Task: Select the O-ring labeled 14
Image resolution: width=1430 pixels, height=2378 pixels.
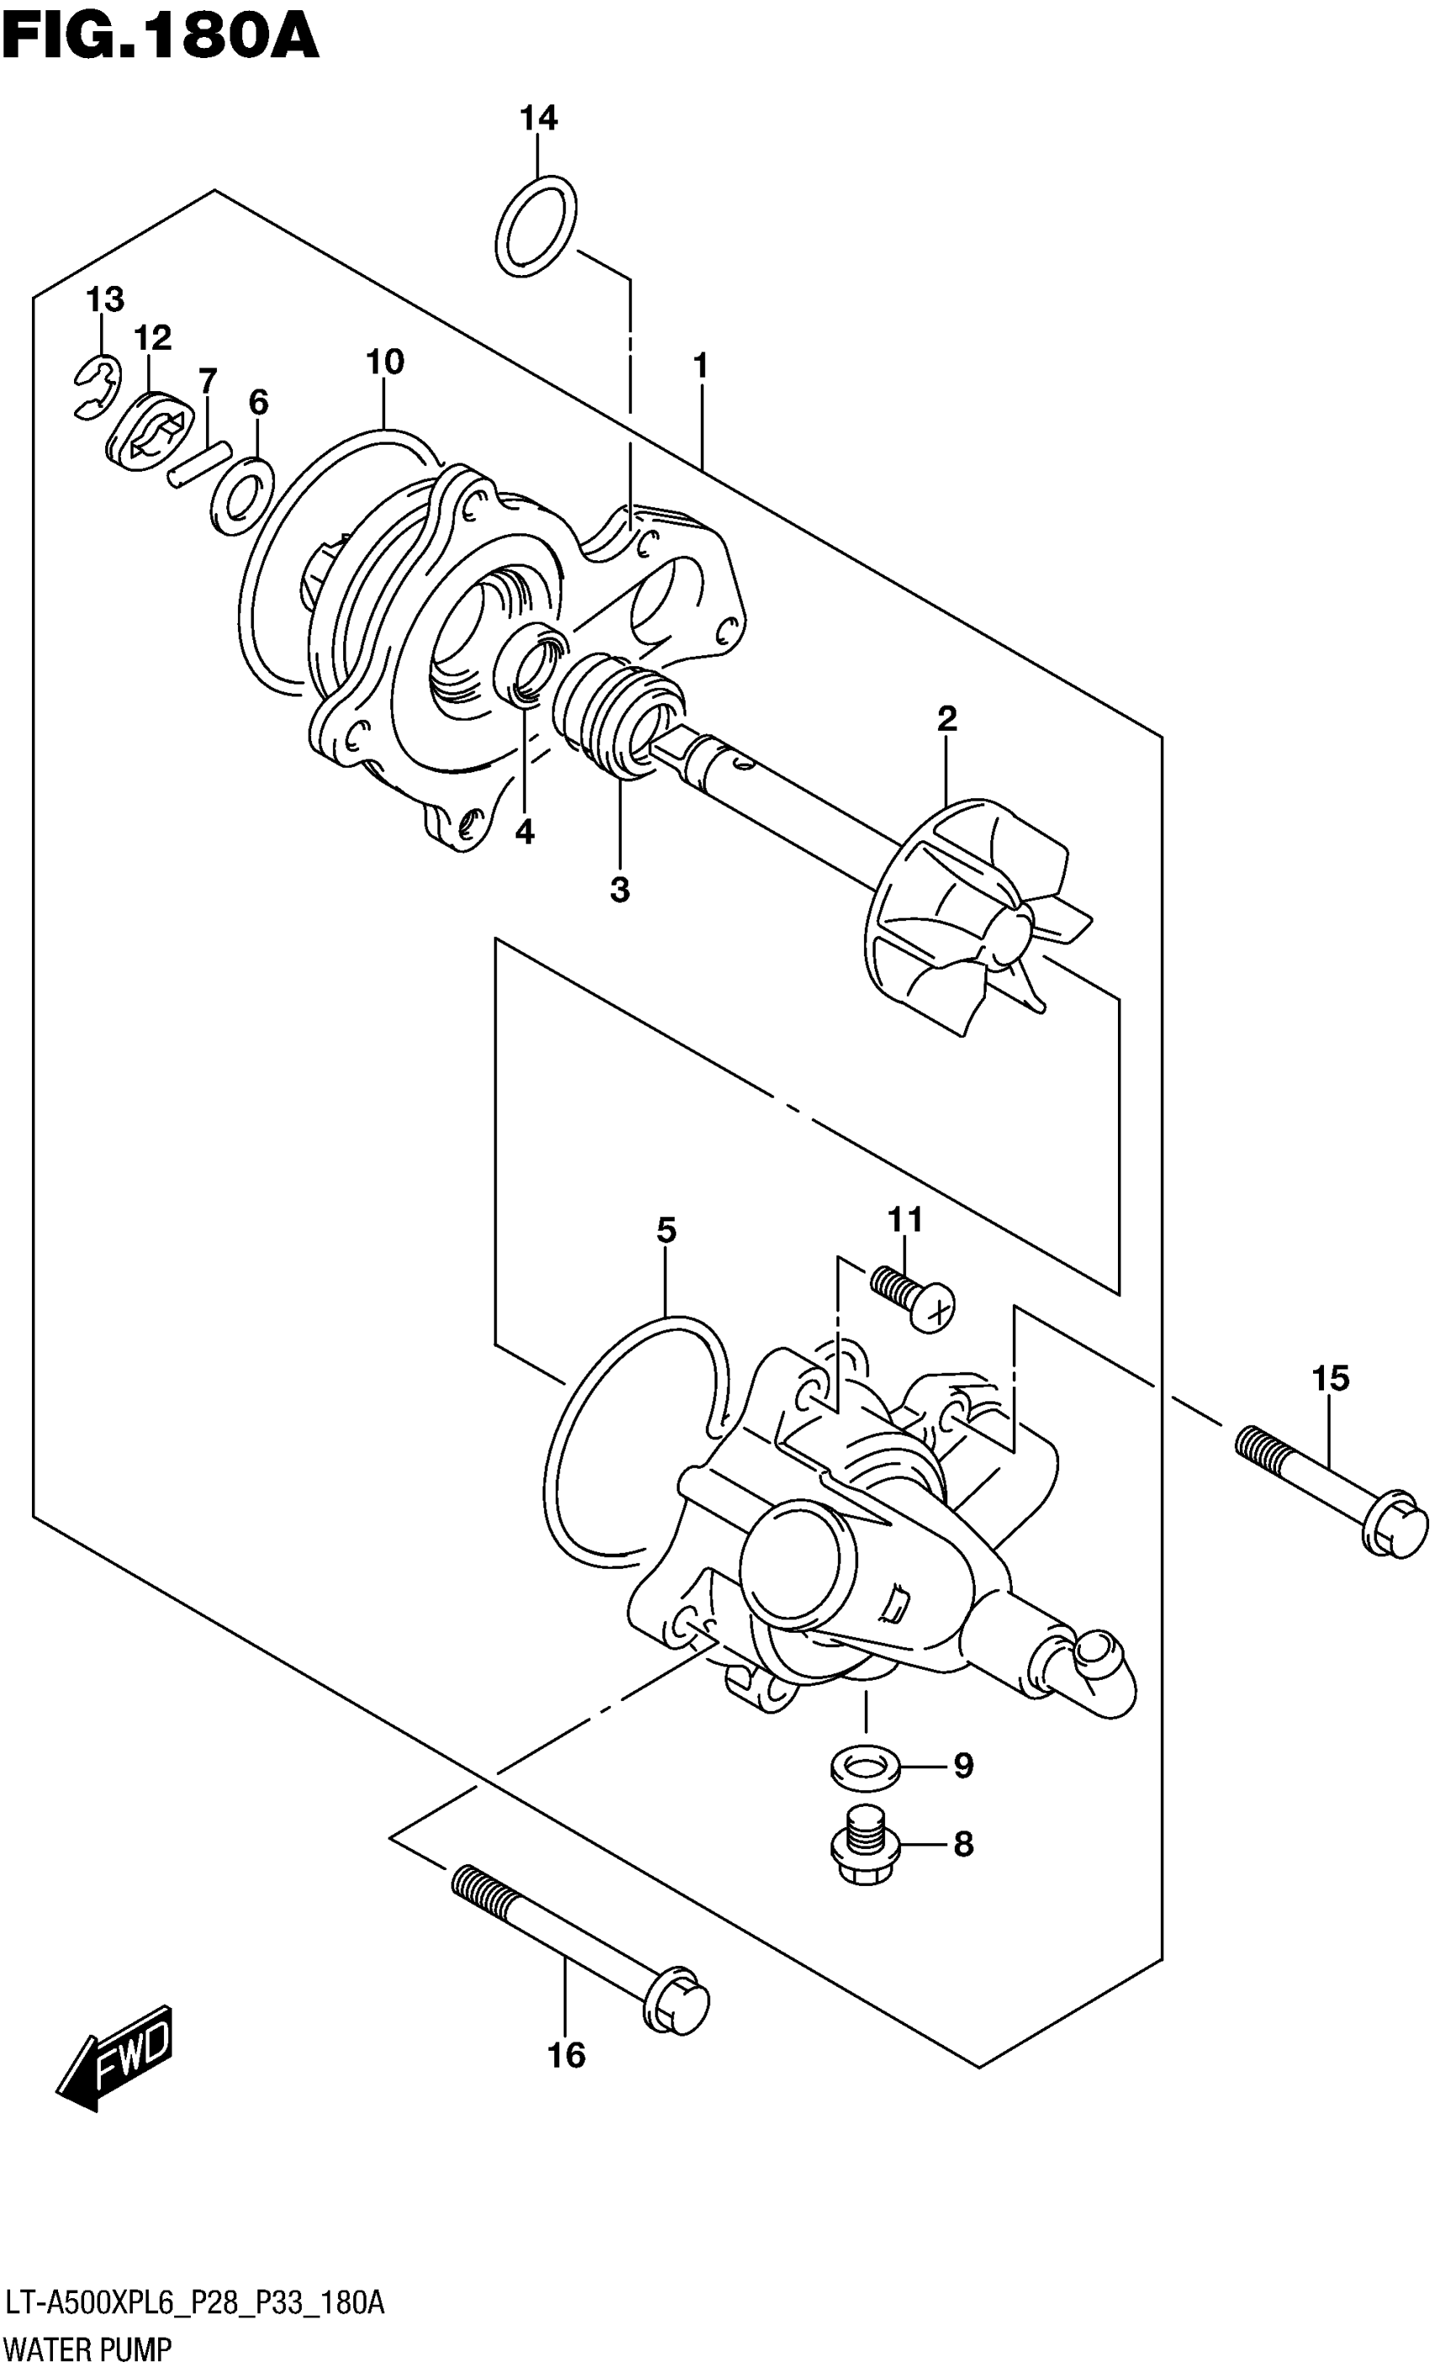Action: (x=537, y=225)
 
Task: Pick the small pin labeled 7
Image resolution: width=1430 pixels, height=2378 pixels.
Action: (x=198, y=463)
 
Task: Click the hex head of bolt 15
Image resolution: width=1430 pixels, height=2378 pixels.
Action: (x=1395, y=1530)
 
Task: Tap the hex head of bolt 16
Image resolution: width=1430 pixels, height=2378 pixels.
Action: (x=677, y=2003)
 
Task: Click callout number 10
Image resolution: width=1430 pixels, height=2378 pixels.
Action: (x=384, y=363)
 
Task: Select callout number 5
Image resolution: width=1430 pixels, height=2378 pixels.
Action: (x=666, y=1231)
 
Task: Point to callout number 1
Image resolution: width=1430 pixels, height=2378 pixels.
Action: (x=701, y=366)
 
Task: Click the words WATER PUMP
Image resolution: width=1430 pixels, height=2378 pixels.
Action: (x=87, y=2349)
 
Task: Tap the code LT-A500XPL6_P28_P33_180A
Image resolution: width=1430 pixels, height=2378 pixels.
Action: (x=193, y=2304)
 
